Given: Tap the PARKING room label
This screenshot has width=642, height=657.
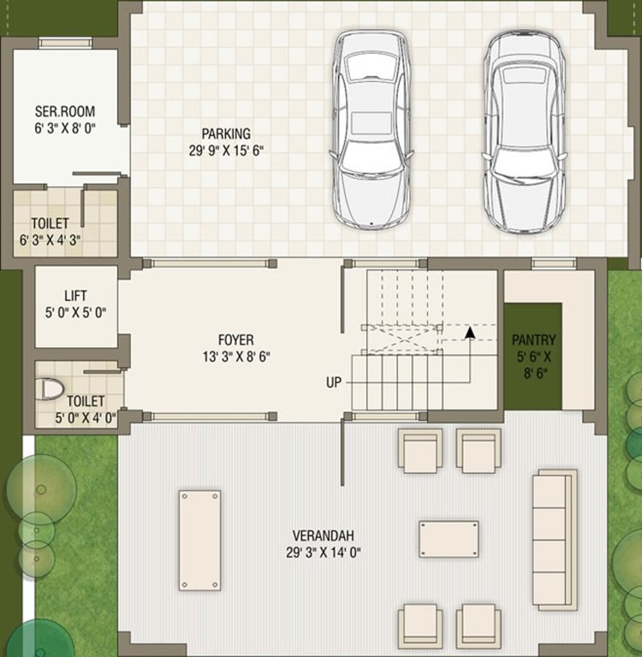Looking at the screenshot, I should click(x=226, y=133).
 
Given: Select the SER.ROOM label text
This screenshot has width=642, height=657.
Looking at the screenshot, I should click(x=64, y=111).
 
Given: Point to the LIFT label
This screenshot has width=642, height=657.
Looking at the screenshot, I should click(x=75, y=296).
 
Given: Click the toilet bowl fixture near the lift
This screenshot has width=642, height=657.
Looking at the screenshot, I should click(x=52, y=390).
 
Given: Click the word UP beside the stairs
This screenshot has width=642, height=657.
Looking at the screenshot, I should click(x=334, y=382).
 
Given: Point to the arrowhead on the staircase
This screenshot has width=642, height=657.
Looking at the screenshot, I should click(x=469, y=332).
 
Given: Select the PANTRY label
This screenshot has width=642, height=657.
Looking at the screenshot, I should click(x=534, y=339).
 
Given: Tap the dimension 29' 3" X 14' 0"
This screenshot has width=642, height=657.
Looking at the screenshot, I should click(x=324, y=553).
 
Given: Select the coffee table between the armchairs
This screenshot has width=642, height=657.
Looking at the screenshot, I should click(x=449, y=539).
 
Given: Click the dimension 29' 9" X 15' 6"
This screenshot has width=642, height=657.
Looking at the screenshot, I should click(x=226, y=151).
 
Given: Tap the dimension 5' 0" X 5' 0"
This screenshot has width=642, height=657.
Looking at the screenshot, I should click(x=76, y=313).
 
